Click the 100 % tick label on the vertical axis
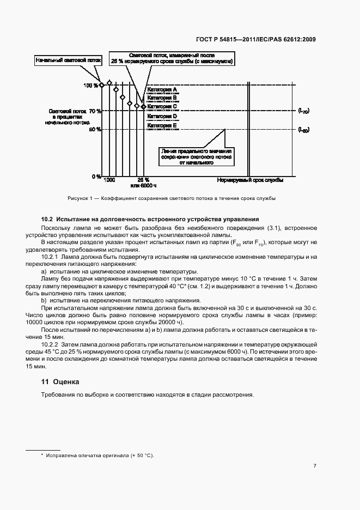point(91,86)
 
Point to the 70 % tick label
point(94,111)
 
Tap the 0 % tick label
point(95,177)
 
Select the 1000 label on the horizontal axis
point(109,180)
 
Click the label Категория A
point(162,89)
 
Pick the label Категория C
point(162,107)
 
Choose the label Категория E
point(162,125)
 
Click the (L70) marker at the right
point(303,111)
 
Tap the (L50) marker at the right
point(303,130)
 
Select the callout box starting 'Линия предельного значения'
point(197,156)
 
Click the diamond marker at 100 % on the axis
point(101,85)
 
